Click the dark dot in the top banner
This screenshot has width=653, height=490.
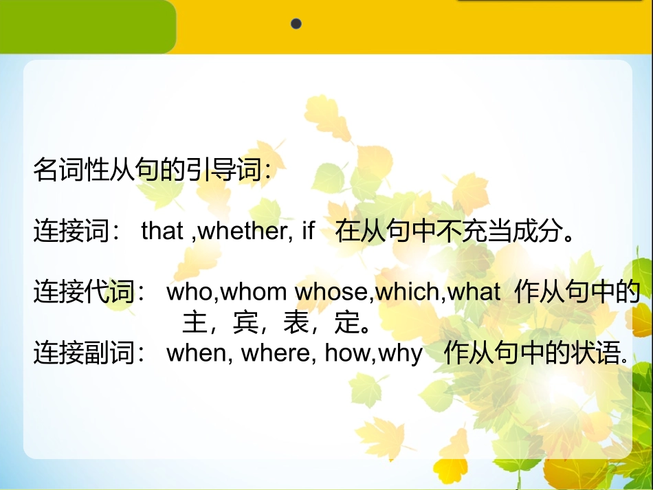(x=296, y=24)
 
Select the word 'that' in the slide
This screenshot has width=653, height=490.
(x=162, y=232)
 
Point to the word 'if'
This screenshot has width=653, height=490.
(x=308, y=232)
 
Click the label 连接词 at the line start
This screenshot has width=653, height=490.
(x=71, y=232)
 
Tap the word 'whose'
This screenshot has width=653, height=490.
(x=333, y=292)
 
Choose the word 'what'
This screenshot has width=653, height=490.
(x=474, y=292)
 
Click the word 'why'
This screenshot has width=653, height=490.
(x=399, y=355)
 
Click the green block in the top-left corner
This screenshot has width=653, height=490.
(x=86, y=26)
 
